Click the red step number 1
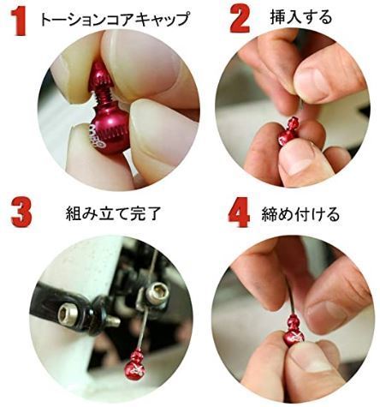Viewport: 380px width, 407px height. (20, 21)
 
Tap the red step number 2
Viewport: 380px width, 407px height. (240, 19)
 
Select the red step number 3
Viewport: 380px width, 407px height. (21, 213)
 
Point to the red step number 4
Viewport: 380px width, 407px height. (239, 212)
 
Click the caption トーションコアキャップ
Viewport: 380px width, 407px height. (115, 19)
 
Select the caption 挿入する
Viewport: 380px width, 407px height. (301, 17)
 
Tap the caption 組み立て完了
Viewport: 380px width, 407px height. (114, 213)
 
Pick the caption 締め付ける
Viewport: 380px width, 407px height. (300, 214)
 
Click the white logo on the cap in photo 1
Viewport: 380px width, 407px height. (97, 135)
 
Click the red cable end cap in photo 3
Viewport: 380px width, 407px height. (135, 365)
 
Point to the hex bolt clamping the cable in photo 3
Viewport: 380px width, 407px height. (156, 293)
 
